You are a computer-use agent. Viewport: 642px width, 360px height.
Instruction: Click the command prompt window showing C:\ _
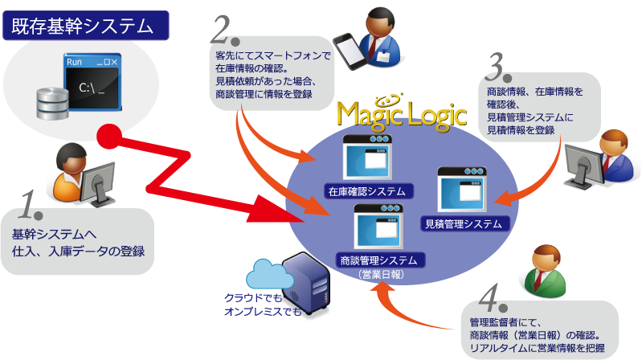[x=92, y=85]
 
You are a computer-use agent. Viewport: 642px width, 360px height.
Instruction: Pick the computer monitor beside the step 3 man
[x=583, y=166]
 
